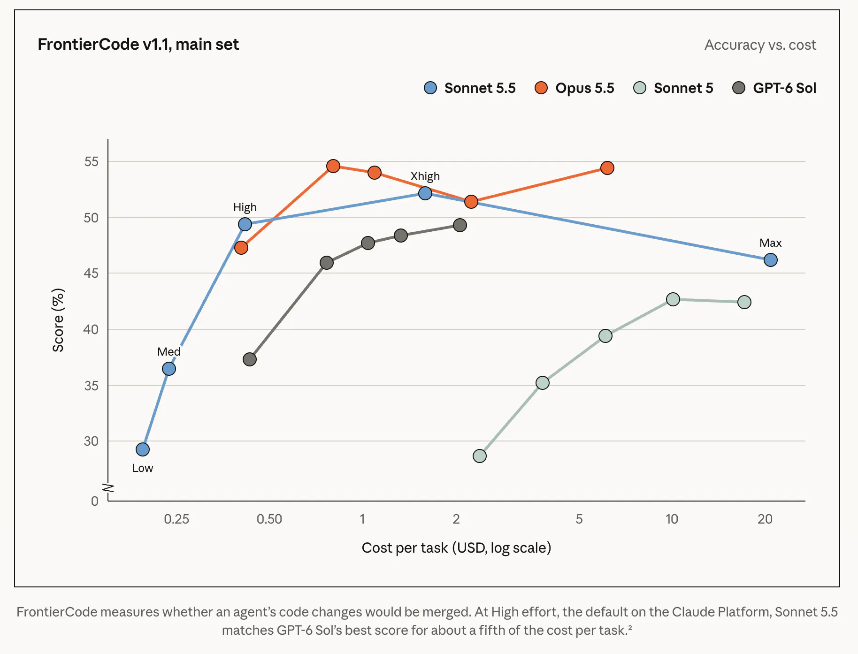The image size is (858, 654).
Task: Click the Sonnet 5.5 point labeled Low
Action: coord(143,449)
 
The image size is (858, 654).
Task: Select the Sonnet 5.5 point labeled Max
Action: coord(770,260)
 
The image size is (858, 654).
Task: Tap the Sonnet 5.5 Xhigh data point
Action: coord(425,193)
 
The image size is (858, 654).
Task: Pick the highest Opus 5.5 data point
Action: coord(333,166)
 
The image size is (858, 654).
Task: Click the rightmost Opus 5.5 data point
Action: coord(607,168)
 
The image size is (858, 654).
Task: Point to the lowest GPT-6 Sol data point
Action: coord(250,359)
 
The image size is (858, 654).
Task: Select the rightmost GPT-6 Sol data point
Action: coord(460,225)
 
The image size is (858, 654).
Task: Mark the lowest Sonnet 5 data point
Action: coord(480,456)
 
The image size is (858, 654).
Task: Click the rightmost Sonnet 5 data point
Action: coord(744,302)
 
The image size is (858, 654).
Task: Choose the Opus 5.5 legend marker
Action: coord(541,88)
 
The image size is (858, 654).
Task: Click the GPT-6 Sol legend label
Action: coord(785,88)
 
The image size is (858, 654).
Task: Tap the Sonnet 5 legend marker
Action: coord(640,88)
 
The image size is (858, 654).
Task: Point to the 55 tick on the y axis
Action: coord(91,161)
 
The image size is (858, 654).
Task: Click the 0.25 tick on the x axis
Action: coord(176,519)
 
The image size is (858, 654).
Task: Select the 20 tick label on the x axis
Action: coord(765,519)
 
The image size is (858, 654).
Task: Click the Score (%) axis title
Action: coord(58,320)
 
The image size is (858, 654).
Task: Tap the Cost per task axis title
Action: coord(456,548)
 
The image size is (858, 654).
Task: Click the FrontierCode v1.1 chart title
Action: coord(138,44)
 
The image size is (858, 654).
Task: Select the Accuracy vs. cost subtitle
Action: coord(760,45)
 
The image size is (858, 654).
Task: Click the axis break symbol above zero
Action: coord(108,488)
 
